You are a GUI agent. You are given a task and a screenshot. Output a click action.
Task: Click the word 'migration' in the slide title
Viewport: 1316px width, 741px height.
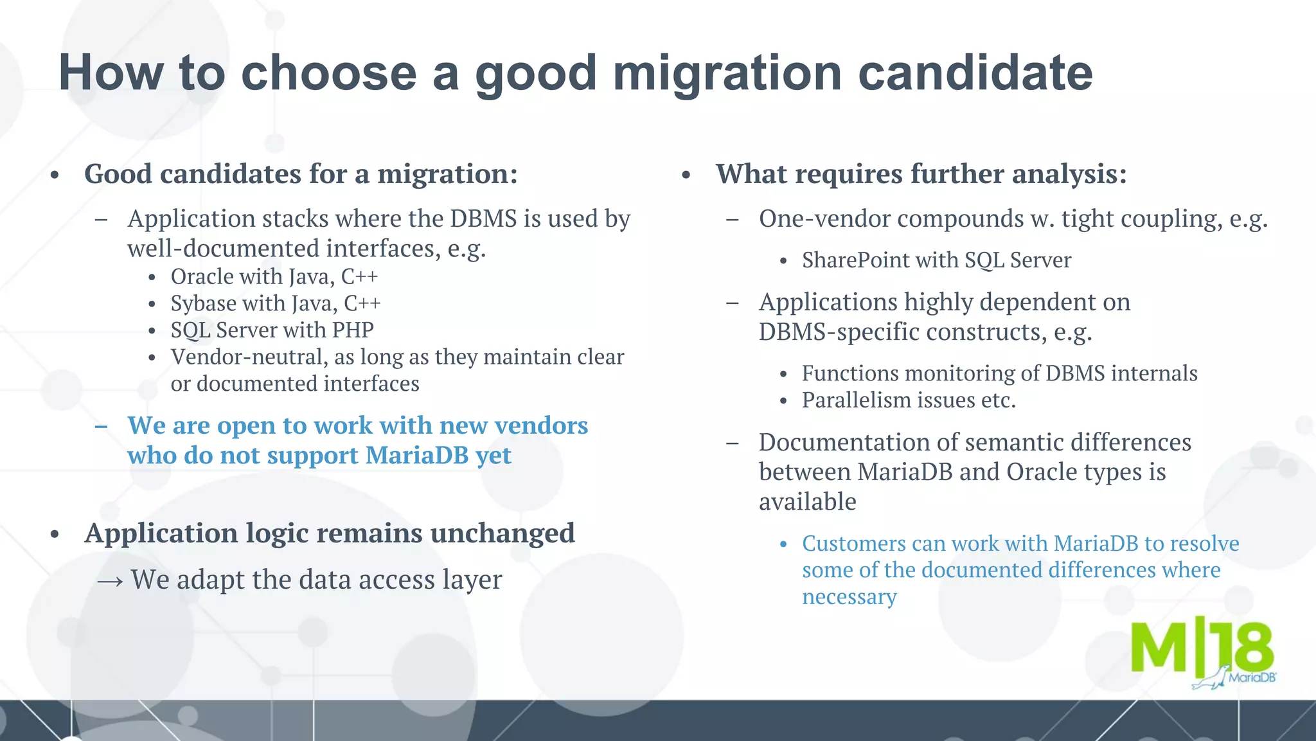point(727,73)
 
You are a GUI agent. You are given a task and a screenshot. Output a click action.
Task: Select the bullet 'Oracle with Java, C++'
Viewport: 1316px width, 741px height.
point(274,276)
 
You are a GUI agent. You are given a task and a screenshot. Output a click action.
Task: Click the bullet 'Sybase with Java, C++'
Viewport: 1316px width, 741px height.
point(275,303)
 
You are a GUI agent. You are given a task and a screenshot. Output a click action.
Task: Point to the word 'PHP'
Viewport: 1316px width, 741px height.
point(353,330)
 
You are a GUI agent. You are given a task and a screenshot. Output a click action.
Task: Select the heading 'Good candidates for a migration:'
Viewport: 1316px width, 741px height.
point(301,174)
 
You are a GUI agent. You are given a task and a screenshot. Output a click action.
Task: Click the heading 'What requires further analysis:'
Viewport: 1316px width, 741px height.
point(921,174)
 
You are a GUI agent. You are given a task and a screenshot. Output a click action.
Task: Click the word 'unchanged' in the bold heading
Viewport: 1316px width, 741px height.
point(502,533)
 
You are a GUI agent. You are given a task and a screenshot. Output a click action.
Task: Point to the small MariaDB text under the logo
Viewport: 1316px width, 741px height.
point(1251,677)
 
